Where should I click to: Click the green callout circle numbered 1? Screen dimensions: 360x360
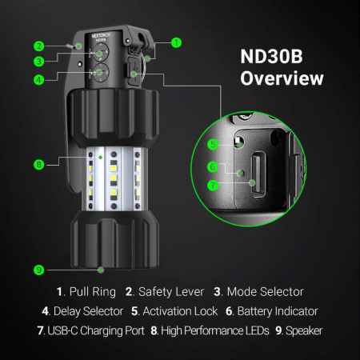pos(176,42)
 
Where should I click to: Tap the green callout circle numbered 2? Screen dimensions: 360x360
pos(38,46)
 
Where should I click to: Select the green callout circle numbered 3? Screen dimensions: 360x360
pos(38,62)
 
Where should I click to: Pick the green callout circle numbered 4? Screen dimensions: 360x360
pos(38,80)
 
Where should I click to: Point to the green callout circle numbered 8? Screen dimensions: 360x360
pos(38,164)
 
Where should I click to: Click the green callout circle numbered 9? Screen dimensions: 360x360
pos(38,270)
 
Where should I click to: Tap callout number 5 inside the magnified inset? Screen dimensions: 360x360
pos(213,144)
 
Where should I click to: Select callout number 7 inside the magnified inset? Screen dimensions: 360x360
pos(213,186)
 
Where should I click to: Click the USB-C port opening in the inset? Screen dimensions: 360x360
pos(258,174)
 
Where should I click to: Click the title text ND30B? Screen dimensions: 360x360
pos(271,56)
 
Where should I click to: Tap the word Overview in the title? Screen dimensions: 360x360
pos(282,78)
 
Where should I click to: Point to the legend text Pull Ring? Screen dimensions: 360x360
pos(93,292)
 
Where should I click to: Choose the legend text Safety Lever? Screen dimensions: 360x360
pos(171,292)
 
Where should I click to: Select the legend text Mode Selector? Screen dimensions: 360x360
pos(266,292)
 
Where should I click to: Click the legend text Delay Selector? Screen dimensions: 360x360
pos(88,311)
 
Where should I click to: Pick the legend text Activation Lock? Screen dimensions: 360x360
pos(180,311)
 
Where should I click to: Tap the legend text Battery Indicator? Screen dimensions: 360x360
pos(278,311)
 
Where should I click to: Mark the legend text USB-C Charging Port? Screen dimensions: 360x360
pos(96,331)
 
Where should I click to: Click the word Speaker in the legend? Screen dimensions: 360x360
pos(304,331)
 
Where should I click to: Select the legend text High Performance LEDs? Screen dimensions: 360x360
pos(215,331)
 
